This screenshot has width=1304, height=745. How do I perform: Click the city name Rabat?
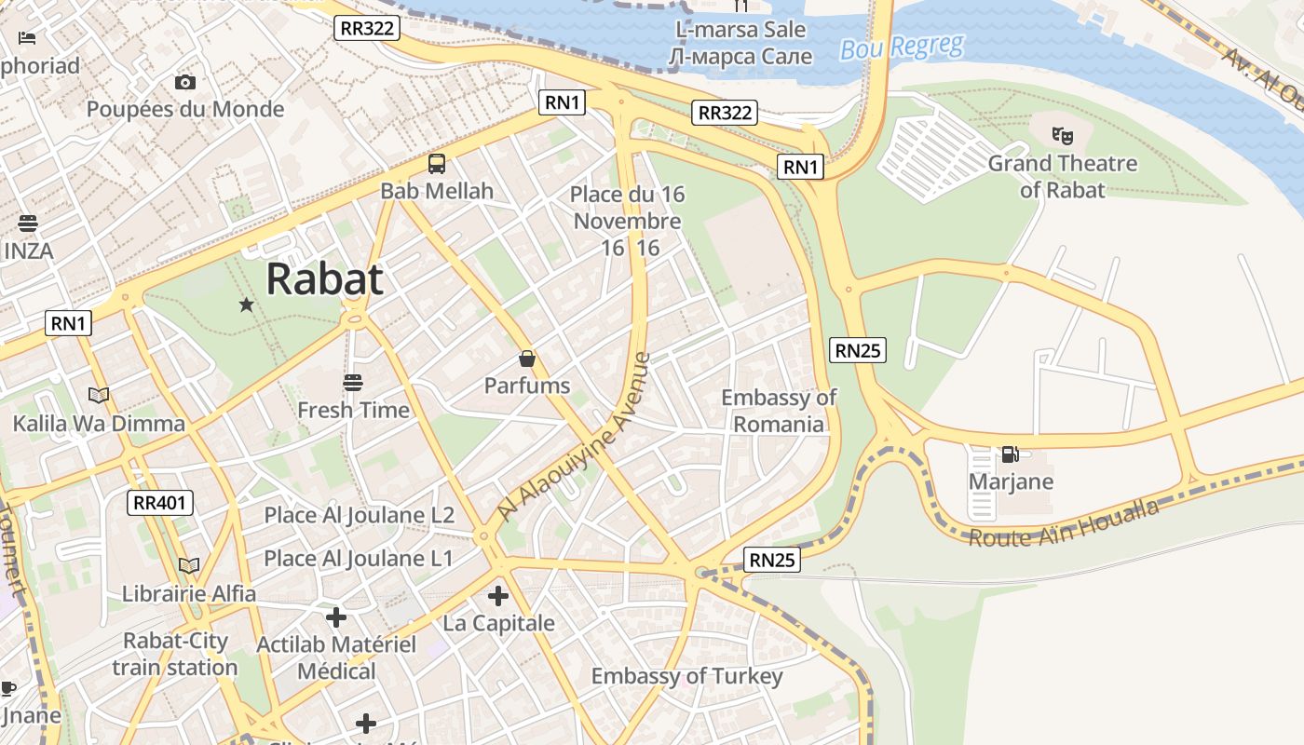tap(324, 278)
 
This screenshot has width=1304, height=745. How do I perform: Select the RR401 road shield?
tap(161, 504)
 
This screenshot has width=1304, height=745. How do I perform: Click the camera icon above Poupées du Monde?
tap(185, 82)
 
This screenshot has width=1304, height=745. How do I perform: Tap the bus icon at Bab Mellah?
tap(437, 164)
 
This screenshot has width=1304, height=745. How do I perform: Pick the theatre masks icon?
tap(1062, 136)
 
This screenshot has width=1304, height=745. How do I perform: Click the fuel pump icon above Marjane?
tap(1010, 454)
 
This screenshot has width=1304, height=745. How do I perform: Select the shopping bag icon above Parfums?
tap(527, 359)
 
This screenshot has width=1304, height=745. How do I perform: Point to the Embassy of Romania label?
tap(779, 411)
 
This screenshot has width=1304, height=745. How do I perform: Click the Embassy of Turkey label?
tap(686, 676)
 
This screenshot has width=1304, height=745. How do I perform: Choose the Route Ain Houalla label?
tap(1064, 524)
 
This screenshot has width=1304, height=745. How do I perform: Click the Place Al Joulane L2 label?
tap(359, 515)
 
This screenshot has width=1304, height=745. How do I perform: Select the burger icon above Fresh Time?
tap(352, 382)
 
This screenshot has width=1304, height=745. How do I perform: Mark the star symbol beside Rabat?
tap(246, 305)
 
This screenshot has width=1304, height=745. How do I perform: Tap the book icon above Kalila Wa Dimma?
tap(99, 395)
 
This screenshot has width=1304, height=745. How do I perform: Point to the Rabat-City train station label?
tap(175, 654)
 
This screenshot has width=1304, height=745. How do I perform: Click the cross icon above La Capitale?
tap(498, 595)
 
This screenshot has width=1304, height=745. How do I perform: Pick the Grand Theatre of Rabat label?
tap(1062, 176)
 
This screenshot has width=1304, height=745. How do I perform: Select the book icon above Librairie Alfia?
tap(189, 565)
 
